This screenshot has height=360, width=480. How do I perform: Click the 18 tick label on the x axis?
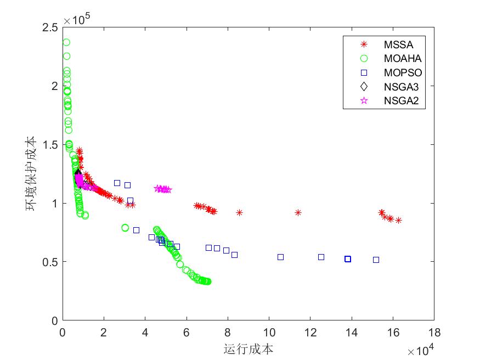click(x=434, y=333)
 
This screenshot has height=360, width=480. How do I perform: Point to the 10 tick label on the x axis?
click(x=269, y=333)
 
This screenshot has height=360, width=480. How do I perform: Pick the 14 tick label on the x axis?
click(x=352, y=333)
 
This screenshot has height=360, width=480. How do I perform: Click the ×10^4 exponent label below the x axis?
click(x=421, y=349)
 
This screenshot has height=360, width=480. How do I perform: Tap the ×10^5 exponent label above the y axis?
click(x=77, y=20)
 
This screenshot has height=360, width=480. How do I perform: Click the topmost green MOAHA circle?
click(x=66, y=42)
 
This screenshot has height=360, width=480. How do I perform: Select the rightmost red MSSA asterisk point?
click(x=398, y=221)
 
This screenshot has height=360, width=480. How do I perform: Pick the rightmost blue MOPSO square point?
click(x=376, y=260)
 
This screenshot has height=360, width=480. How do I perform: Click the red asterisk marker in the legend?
click(x=363, y=45)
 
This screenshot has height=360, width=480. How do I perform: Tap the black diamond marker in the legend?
click(x=363, y=87)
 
